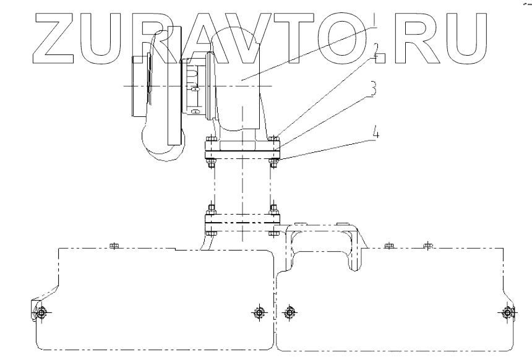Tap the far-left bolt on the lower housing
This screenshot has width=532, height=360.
click(40, 313)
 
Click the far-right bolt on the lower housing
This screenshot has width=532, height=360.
click(508, 313)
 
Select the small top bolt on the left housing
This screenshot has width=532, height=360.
click(113, 246)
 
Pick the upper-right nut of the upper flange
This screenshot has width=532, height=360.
click(273, 138)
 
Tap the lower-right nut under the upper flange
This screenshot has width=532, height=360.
click(273, 163)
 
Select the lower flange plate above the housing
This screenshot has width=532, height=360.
click(242, 220)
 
